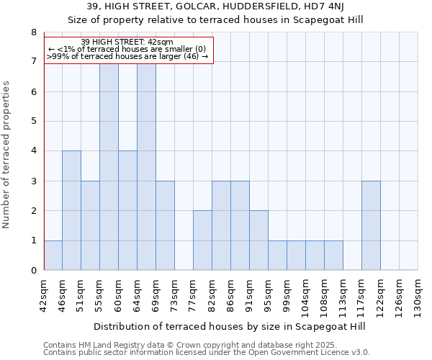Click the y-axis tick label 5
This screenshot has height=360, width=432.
33,121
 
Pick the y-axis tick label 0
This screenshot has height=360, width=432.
33,270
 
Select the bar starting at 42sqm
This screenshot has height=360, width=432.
53,255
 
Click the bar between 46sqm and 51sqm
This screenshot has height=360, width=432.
71,210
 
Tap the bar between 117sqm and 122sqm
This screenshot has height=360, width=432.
371,225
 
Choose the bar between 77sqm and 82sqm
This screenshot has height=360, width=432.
202,240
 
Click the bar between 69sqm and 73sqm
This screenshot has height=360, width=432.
165,225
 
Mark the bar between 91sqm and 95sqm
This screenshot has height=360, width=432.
258,240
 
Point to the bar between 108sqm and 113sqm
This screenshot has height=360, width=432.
333,255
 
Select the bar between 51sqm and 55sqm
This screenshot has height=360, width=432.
90,225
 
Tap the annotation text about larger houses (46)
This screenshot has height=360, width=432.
128,57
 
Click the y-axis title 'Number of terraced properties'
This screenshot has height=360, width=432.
7,154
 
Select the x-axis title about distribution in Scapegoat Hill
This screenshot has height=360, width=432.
230,326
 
